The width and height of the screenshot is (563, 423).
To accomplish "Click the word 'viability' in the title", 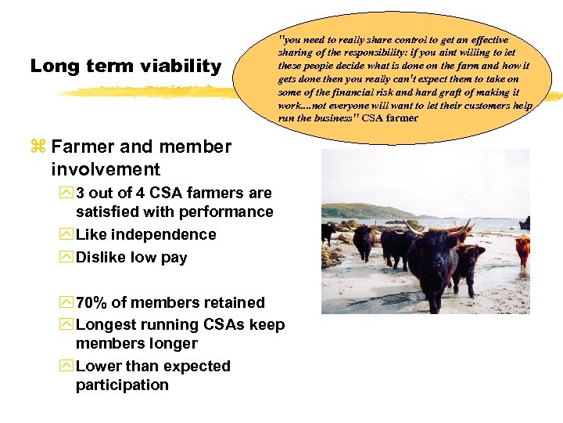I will point(181,67).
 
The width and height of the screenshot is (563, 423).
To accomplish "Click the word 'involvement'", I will point(106,169).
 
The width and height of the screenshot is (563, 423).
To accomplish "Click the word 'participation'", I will point(122,385).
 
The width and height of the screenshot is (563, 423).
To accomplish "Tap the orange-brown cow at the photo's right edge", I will point(522,248).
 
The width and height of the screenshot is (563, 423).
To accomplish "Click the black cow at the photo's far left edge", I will point(328,232).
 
